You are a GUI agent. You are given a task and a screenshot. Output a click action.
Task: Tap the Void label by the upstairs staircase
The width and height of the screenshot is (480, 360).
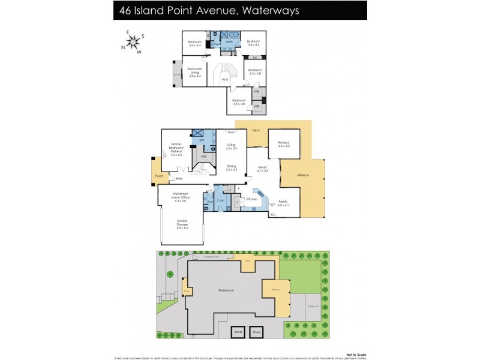coord(224,79)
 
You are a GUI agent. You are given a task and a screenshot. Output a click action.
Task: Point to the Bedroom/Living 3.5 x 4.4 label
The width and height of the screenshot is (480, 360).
coord(194,71)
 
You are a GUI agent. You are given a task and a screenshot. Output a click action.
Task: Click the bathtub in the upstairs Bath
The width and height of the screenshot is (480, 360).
coord(231,35)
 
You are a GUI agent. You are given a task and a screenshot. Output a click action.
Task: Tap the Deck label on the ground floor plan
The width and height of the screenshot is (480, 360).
coord(256,130)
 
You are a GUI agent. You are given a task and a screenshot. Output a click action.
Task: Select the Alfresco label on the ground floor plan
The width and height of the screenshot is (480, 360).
coord(304,175)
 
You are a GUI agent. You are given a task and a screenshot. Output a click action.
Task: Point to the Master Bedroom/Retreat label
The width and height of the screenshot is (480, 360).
coord(176,148)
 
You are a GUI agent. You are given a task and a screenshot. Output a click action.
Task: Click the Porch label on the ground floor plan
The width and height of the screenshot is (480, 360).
coord(159,176)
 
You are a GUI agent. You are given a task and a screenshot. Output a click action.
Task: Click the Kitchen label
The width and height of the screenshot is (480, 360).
coord(252,199)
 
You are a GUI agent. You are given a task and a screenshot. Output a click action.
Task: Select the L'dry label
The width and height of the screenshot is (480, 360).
coord(220,199)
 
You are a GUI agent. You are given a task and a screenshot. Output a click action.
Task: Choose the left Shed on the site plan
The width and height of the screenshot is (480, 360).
coord(239,331)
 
